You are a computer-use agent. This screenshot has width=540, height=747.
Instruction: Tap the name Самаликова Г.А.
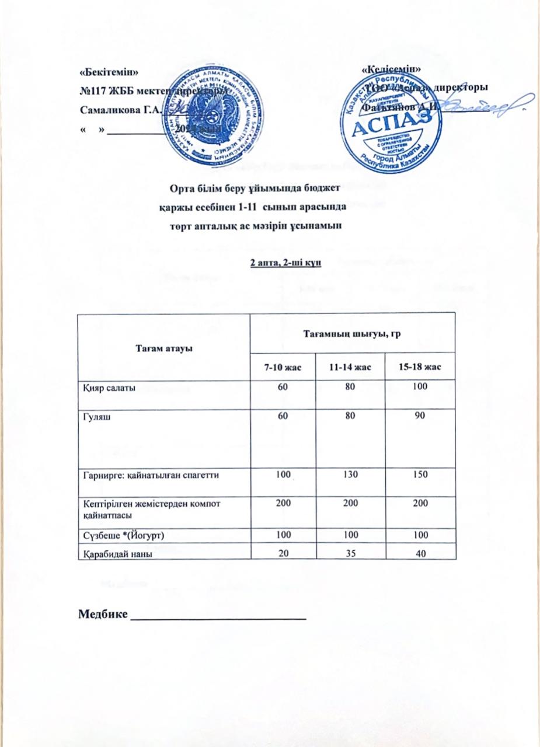pyautogui.click(x=116, y=110)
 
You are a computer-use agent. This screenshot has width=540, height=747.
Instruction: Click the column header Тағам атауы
pyautogui.click(x=163, y=348)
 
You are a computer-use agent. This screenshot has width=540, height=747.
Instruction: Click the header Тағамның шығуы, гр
pyautogui.click(x=352, y=333)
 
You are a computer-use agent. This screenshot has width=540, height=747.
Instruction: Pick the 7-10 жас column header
pyautogui.click(x=283, y=368)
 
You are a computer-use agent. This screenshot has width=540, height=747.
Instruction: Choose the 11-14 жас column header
pyautogui.click(x=350, y=368)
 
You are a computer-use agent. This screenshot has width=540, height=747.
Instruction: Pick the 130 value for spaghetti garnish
pyautogui.click(x=350, y=475)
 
